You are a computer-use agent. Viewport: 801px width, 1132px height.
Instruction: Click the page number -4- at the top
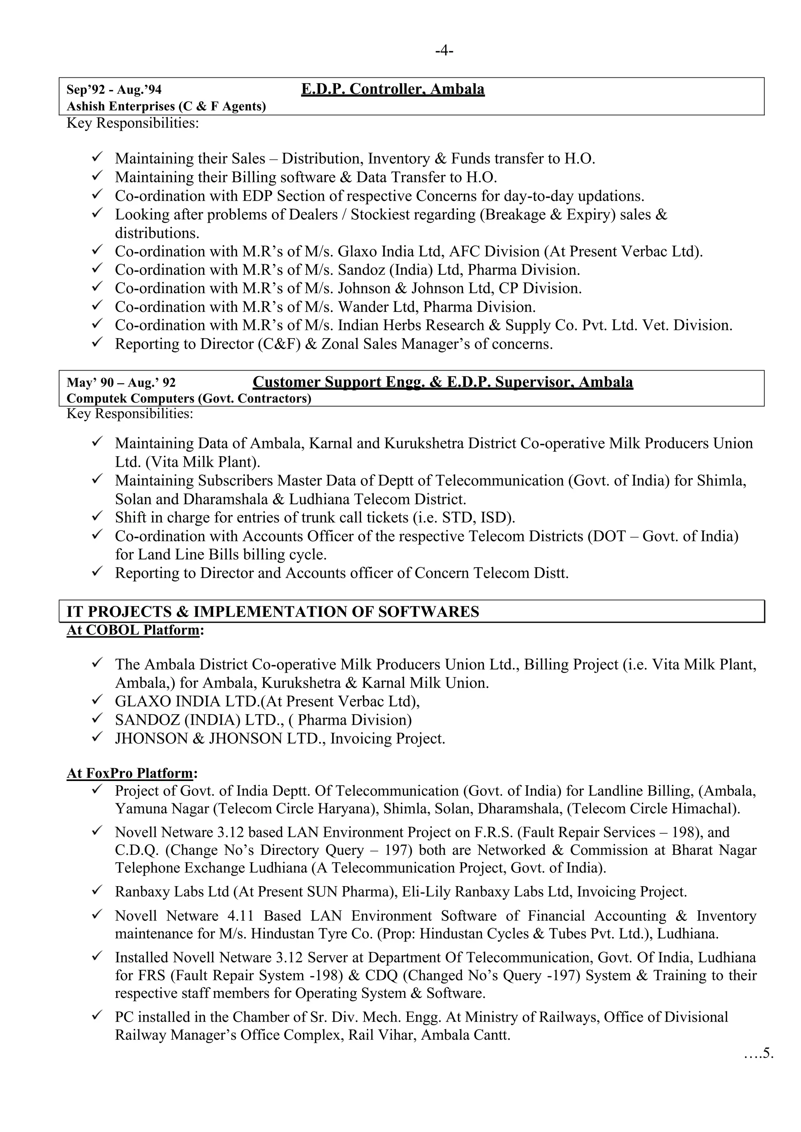[x=444, y=51]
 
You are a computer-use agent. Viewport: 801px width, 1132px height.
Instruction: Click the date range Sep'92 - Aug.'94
[x=114, y=90]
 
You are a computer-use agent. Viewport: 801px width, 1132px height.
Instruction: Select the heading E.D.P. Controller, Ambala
[x=393, y=89]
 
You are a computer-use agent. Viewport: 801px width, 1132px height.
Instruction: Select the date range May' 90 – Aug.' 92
[x=121, y=383]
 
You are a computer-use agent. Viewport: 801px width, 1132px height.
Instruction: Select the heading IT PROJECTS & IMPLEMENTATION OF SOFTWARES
[x=273, y=612]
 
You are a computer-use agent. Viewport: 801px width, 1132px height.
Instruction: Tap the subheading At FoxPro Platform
[x=131, y=773]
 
